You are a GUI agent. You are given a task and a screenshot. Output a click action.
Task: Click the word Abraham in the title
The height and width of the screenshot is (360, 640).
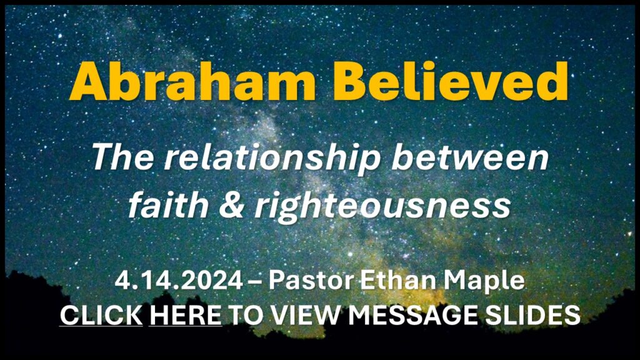(192, 81)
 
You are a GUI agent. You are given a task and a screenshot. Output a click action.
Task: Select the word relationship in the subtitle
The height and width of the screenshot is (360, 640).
(272, 159)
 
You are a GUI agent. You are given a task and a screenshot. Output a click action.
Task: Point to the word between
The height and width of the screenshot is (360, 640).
(470, 157)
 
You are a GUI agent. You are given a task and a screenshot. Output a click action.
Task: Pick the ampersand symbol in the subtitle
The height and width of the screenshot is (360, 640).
(232, 205)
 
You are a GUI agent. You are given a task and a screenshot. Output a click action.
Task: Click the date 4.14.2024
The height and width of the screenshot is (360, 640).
(179, 281)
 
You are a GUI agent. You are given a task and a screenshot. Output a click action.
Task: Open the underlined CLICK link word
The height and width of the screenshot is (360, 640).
(101, 316)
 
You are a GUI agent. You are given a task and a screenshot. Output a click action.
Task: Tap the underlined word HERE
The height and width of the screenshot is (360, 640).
(186, 316)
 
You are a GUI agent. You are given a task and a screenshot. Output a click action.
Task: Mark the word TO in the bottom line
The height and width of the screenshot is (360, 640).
(246, 316)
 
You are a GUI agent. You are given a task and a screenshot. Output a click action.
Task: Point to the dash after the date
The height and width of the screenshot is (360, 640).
(256, 282)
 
